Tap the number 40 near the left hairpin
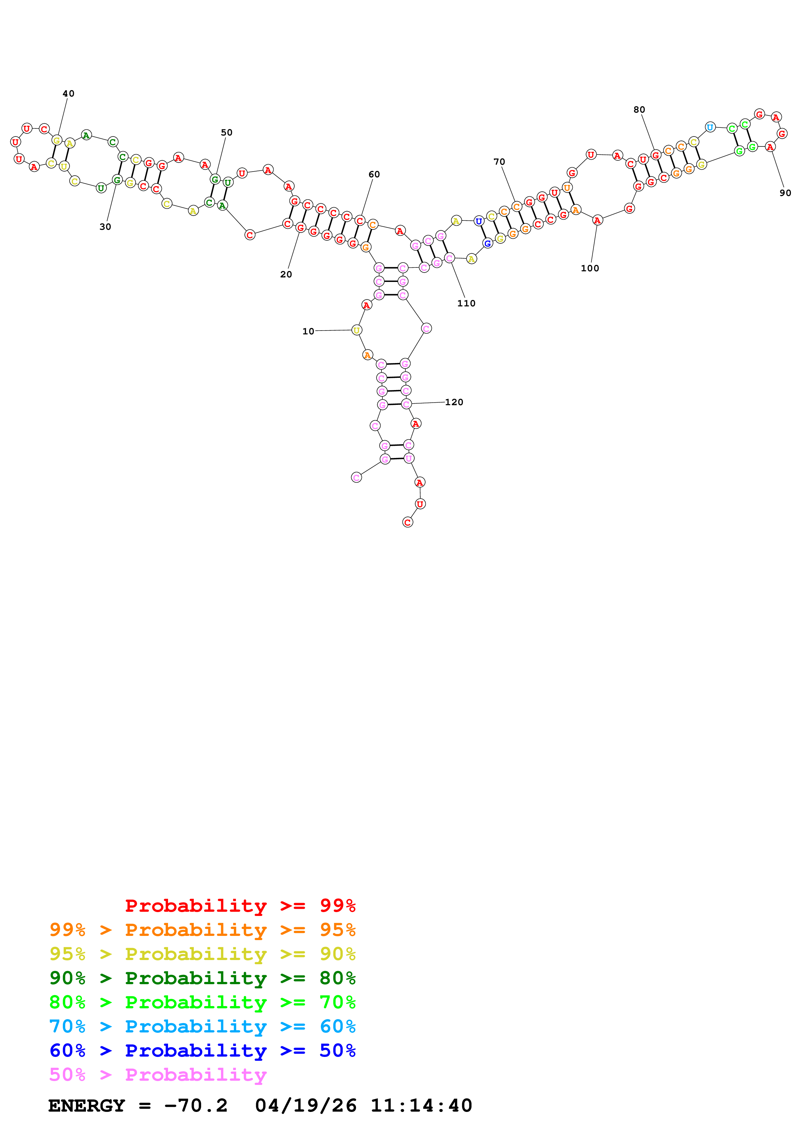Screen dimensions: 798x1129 click(68, 93)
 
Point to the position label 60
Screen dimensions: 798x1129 click(374, 174)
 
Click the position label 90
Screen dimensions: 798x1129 click(785, 193)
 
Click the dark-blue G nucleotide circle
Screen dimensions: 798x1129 click(487, 243)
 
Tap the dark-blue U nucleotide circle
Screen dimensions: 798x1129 click(478, 221)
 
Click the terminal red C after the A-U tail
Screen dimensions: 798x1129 click(407, 522)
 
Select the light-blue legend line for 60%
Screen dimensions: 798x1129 click(202, 1026)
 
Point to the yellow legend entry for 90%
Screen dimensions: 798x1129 click(202, 954)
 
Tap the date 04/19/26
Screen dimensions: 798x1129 click(305, 1106)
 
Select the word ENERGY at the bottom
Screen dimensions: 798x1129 click(87, 1106)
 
